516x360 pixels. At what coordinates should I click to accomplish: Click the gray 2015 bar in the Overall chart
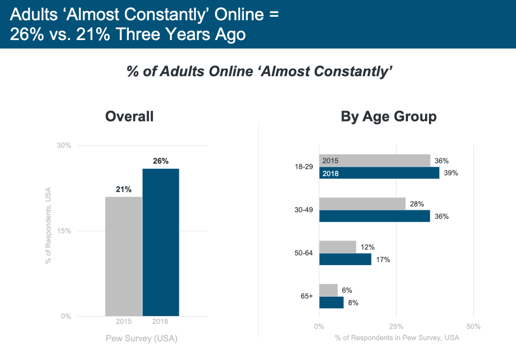[x=124, y=256]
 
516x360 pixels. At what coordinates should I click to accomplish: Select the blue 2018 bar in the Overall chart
[x=161, y=242]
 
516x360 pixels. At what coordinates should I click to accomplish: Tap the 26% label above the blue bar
[x=161, y=161]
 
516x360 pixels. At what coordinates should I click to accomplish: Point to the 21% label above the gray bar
[x=124, y=189]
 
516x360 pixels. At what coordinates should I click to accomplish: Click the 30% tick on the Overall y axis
[x=64, y=145]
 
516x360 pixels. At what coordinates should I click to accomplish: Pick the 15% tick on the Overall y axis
[x=64, y=231]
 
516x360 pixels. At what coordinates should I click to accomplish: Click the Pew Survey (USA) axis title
[x=142, y=338]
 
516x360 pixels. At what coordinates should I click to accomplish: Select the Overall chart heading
[x=129, y=116]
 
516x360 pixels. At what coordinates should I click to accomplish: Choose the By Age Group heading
[x=389, y=116]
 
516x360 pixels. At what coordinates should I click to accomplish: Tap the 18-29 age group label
[x=304, y=167]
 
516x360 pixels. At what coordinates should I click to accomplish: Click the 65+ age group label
[x=306, y=296]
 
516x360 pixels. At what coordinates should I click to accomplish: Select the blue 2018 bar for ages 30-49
[x=374, y=216]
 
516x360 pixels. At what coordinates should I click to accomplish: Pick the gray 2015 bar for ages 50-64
[x=337, y=247]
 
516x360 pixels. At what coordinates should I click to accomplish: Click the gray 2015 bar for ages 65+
[x=328, y=290]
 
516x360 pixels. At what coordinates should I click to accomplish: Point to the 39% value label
[x=451, y=173]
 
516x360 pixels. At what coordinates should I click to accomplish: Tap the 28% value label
[x=417, y=204]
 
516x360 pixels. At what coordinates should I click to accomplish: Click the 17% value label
[x=382, y=260]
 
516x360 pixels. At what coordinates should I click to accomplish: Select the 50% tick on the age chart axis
[x=473, y=327]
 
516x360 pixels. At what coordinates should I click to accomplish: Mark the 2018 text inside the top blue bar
[x=330, y=174]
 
